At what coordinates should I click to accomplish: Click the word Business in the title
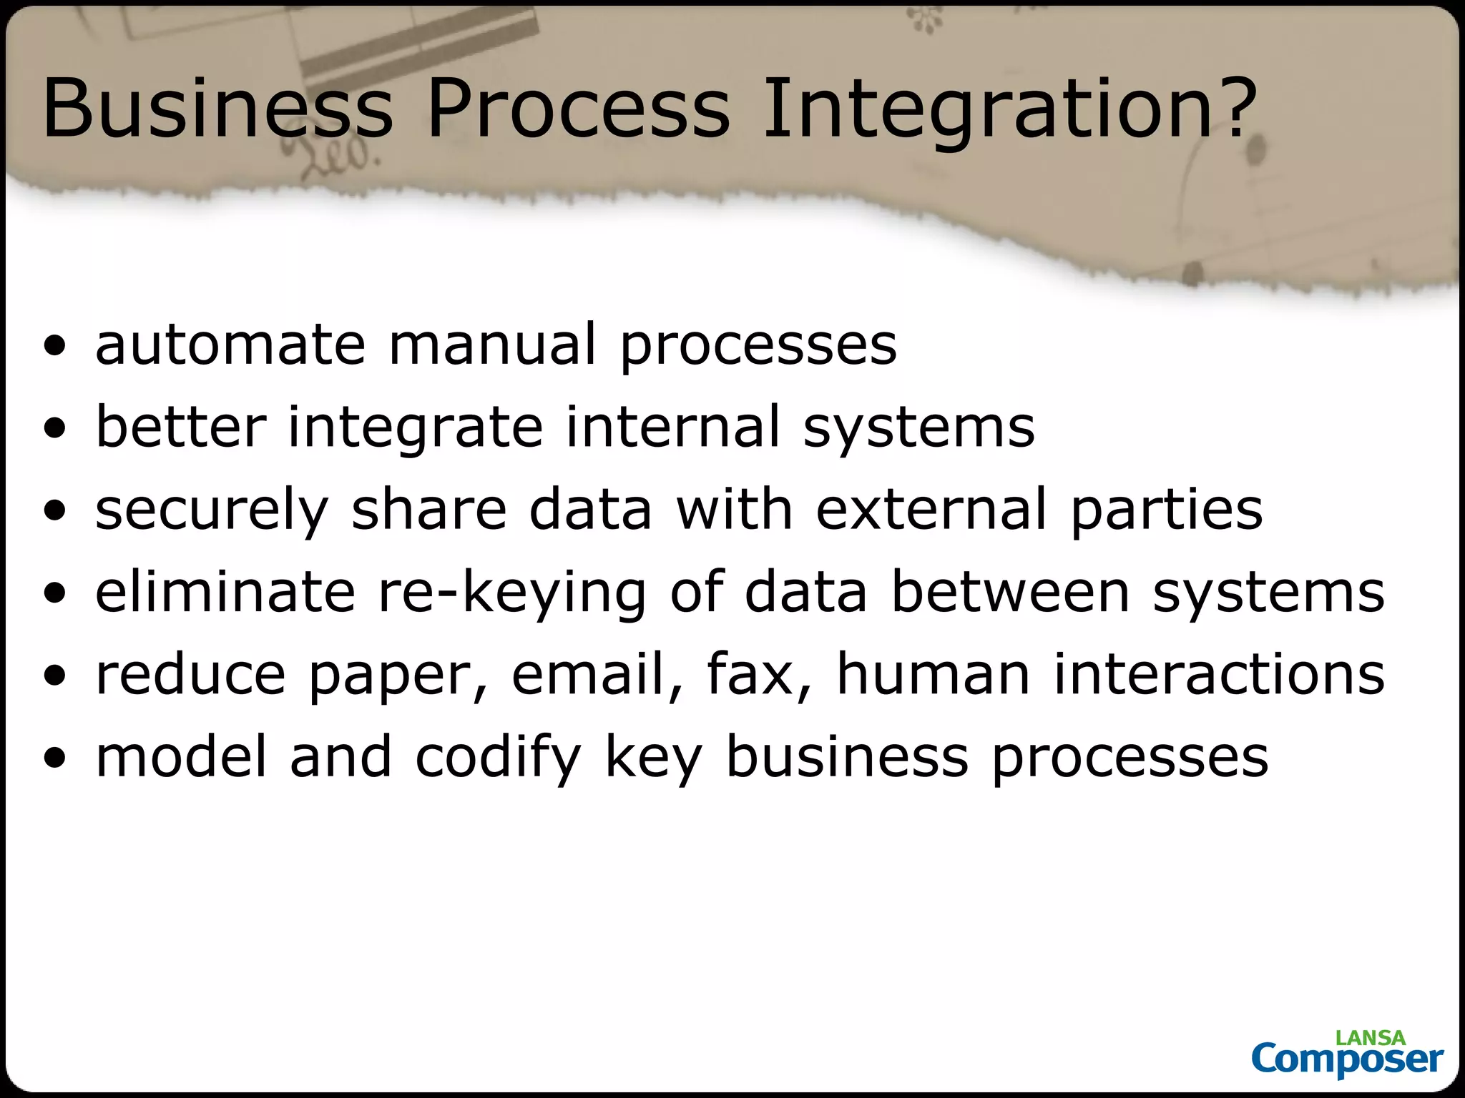[218, 109]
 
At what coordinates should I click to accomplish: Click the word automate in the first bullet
[230, 345]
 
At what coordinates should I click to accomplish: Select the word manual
[492, 345]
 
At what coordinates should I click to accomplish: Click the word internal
[672, 427]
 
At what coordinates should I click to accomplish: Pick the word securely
[211, 510]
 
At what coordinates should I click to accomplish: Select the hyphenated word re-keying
[512, 593]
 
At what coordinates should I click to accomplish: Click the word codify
[499, 758]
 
